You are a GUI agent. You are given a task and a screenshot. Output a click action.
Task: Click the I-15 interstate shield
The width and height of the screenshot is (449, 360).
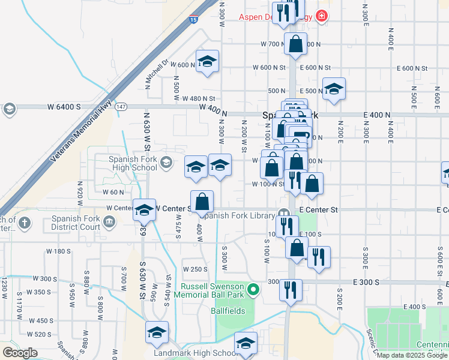tap(193, 20)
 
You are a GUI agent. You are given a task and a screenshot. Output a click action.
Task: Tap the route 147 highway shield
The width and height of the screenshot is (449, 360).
tap(122, 106)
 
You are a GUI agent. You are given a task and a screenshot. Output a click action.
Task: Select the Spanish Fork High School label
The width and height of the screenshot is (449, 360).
tap(133, 163)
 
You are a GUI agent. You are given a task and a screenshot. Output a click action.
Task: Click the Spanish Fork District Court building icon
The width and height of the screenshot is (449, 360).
tap(109, 223)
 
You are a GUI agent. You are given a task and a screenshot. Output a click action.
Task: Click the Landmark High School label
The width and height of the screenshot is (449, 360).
tap(192, 353)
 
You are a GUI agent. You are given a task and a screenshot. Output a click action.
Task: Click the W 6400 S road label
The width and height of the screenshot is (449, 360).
tap(64, 107)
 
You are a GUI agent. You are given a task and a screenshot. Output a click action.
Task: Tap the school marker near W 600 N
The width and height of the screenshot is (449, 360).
tap(208, 61)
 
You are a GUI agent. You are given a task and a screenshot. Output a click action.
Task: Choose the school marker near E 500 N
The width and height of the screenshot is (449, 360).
tap(334, 89)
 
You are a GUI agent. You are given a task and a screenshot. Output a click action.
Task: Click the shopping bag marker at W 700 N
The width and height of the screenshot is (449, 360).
tap(295, 44)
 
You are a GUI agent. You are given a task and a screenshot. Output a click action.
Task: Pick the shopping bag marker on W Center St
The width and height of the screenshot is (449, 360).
tap(202, 201)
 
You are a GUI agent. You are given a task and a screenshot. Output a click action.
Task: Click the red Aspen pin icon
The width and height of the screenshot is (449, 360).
tap(322, 16)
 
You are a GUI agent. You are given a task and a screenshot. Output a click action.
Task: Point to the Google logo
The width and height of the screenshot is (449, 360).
tap(20, 353)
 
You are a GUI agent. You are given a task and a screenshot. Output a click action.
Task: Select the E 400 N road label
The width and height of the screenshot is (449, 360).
tap(377, 115)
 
